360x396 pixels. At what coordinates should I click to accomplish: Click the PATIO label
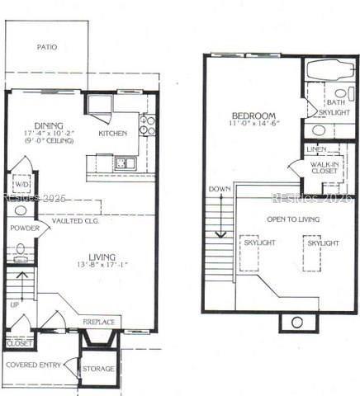[x=47, y=47]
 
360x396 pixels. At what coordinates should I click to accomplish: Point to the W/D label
[x=21, y=185]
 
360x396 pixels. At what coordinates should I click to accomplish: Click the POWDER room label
[x=25, y=228]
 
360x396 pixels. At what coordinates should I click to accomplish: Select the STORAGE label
[x=98, y=368]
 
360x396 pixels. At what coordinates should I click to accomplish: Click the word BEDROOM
[x=253, y=116]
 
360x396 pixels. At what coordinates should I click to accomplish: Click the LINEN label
[x=315, y=148]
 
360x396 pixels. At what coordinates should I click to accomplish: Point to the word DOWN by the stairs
[x=220, y=189]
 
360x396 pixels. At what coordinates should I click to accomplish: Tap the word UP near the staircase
[x=15, y=304]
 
